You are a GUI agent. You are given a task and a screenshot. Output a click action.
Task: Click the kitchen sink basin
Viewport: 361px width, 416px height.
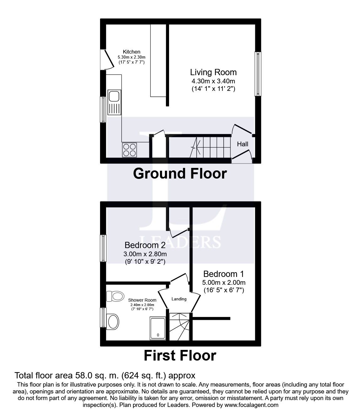click(114, 96)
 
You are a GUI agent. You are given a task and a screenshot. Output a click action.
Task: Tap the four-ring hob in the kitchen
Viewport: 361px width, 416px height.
click(130, 150)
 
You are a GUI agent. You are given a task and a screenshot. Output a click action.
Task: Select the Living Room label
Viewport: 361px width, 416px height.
click(213, 72)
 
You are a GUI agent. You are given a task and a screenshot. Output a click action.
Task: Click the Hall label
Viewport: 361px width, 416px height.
click(242, 144)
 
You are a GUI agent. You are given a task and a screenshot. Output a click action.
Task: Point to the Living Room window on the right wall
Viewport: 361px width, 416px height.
click(258, 74)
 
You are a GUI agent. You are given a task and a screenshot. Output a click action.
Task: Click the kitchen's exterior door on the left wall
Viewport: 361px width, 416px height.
click(107, 60)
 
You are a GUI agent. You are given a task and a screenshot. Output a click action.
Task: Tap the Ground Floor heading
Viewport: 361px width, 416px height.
click(180, 174)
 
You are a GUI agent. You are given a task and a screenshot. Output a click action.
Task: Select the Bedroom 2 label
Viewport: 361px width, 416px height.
click(145, 245)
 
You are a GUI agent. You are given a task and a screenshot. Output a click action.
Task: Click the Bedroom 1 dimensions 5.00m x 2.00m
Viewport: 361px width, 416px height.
click(224, 283)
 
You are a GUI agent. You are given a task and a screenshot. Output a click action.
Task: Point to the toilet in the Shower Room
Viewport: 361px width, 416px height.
click(115, 296)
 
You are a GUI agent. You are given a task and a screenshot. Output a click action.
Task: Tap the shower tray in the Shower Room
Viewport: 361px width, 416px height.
click(158, 329)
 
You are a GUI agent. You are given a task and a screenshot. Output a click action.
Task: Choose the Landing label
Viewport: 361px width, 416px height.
click(179, 299)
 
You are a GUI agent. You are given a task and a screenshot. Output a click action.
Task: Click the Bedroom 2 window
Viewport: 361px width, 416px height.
click(103, 248)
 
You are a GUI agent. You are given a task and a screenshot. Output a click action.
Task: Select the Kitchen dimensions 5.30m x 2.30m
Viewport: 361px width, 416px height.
click(132, 57)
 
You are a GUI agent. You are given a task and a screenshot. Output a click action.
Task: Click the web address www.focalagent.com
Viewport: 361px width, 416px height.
click(251, 405)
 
